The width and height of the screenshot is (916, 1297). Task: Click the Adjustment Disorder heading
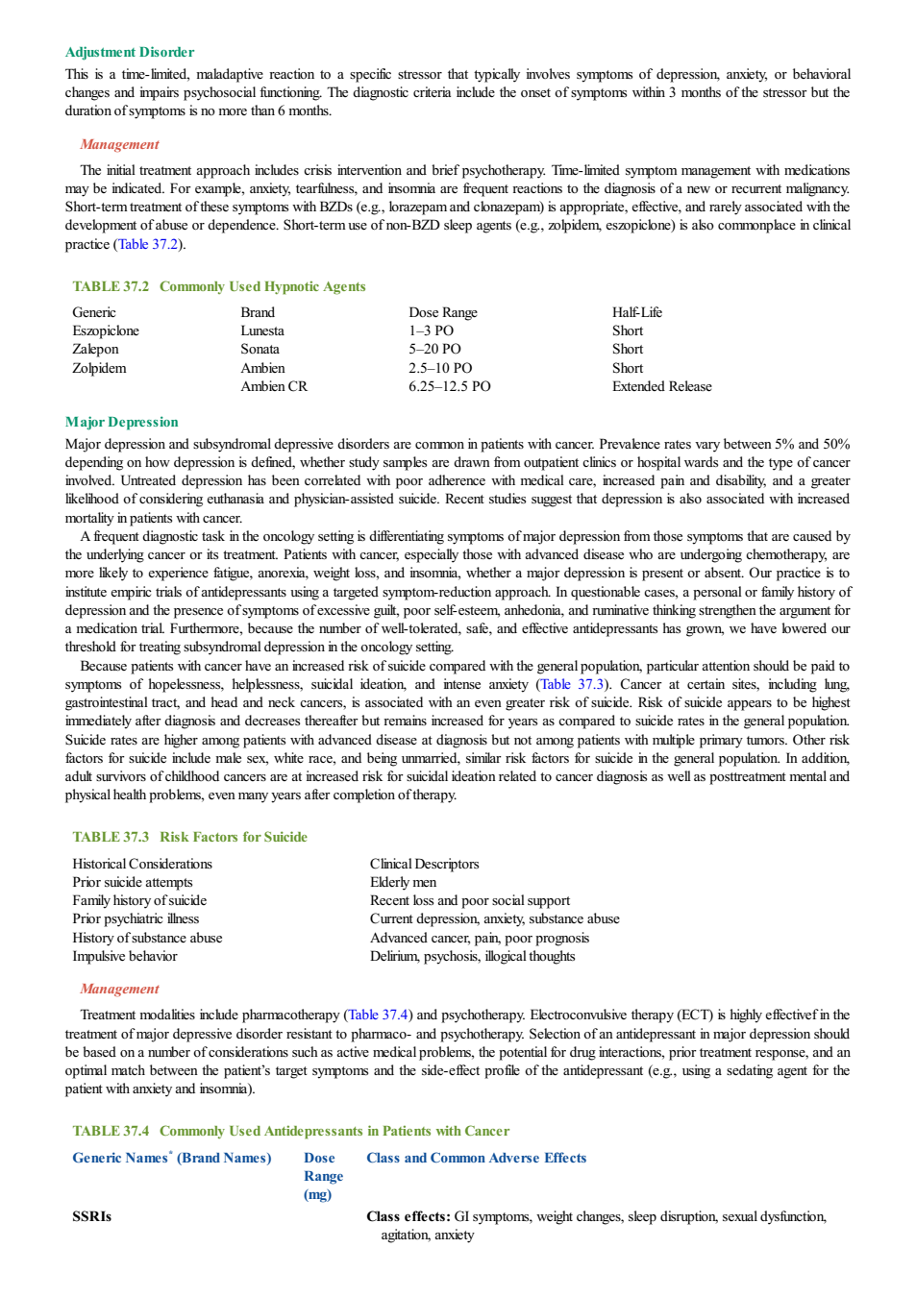tap(129, 52)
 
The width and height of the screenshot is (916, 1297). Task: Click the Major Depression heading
tap(122, 422)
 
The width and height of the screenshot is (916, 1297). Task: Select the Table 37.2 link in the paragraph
tap(148, 244)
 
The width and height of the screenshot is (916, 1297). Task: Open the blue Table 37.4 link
tap(378, 1015)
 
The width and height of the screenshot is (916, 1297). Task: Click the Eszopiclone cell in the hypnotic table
tap(106, 330)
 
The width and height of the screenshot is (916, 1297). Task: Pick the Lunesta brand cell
tap(262, 330)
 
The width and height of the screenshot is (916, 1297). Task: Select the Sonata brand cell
tap(260, 349)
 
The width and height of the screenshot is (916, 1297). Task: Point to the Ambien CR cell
tap(274, 386)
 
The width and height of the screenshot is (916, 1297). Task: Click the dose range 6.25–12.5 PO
tap(450, 386)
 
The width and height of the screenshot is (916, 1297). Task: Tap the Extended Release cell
tap(661, 386)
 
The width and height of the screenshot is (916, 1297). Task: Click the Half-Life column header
tap(636, 312)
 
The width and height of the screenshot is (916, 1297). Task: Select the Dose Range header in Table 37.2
tap(443, 312)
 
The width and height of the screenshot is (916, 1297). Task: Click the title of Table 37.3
tap(190, 837)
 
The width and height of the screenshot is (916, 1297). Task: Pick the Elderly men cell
tap(404, 882)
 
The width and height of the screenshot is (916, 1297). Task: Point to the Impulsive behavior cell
tap(125, 956)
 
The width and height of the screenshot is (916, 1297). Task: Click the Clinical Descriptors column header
tap(425, 864)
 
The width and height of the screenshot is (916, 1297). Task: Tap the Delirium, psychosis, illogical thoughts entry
tap(473, 956)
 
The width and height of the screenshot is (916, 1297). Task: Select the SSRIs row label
tap(91, 1216)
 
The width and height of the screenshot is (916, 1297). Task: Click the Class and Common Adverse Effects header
tap(476, 1158)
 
